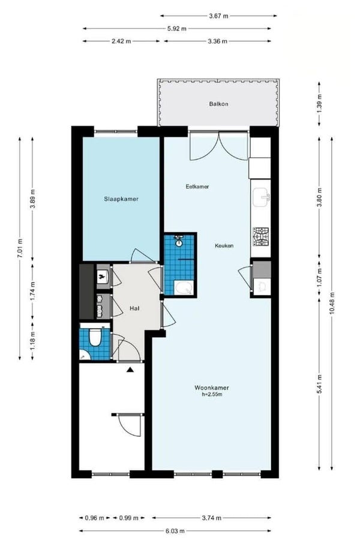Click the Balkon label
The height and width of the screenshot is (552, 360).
coord(218,104)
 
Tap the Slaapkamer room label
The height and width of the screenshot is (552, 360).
coord(121,199)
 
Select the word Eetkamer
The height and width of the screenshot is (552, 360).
coord(197,187)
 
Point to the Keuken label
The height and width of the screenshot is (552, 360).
coord(224,246)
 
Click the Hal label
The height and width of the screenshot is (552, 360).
coord(134,308)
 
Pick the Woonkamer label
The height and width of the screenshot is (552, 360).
coord(212,388)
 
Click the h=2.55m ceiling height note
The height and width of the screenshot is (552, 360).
coord(212,394)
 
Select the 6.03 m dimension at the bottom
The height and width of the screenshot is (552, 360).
coord(175,530)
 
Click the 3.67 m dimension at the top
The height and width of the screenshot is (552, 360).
coord(218,16)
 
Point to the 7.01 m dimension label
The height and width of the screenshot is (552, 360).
coord(20,248)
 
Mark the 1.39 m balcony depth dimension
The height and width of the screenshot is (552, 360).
coord(319,104)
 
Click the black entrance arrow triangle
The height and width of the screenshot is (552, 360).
coord(130,369)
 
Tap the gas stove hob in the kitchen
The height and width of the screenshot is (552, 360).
coord(261,236)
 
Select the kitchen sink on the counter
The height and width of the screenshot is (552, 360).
coord(261,198)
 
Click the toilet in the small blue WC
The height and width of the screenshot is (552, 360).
coord(94,337)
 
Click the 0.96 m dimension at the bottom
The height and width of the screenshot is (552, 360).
coord(95,518)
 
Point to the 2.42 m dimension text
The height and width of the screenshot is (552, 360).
coord(121,41)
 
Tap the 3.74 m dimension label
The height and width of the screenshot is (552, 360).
coord(211,518)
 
